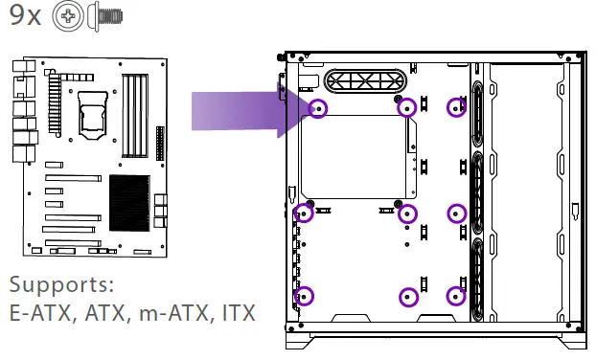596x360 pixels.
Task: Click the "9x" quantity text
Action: coord(25,15)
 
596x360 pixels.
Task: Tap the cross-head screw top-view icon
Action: coord(68,16)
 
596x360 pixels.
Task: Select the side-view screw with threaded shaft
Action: coord(104,16)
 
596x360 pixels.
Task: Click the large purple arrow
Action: coord(243,110)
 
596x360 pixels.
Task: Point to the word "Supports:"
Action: coord(61,285)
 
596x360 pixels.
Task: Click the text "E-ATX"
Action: coord(40,312)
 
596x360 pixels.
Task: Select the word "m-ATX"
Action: coord(173,312)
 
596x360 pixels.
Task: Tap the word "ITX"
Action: coord(239,312)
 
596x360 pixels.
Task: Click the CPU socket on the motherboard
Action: coord(92,115)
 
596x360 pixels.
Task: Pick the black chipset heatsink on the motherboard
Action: coord(129,203)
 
